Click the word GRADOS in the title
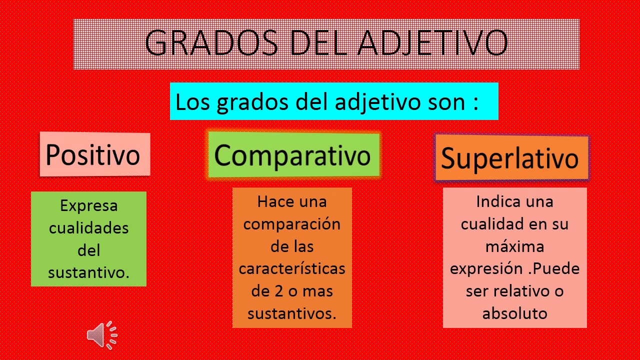pyautogui.click(x=211, y=43)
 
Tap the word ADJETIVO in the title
pyautogui.click(x=433, y=43)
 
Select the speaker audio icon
pyautogui.click(x=102, y=335)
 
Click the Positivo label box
pyautogui.click(x=95, y=154)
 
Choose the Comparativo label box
pyautogui.click(x=294, y=155)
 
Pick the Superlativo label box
pyautogui.click(x=511, y=157)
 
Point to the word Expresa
pyautogui.click(x=89, y=205)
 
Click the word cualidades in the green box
pyautogui.click(x=89, y=228)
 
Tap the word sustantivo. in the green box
pyautogui.click(x=89, y=272)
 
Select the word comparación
pyautogui.click(x=292, y=224)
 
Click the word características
pyautogui.click(x=292, y=268)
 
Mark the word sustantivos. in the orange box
pyautogui.click(x=292, y=313)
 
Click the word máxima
pyautogui.click(x=515, y=246)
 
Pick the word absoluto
pyautogui.click(x=515, y=313)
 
